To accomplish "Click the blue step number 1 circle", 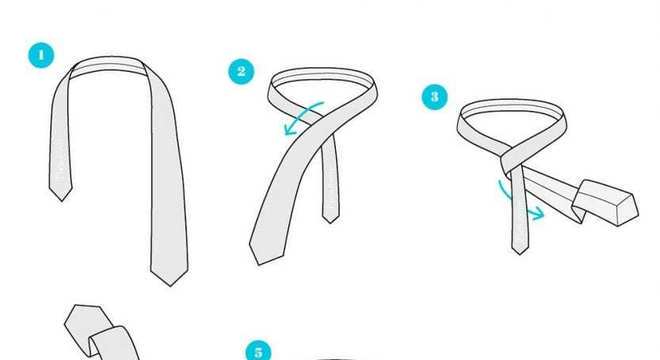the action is (41, 55).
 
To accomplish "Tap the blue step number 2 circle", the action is (241, 71).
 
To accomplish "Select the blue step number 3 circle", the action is (435, 97).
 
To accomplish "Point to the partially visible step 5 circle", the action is (258, 351).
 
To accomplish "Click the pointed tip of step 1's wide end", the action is (170, 286).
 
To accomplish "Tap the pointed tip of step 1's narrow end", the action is (61, 201).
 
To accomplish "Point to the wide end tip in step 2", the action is (258, 264).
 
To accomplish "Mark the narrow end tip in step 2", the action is (331, 222).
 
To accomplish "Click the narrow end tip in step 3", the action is (520, 254).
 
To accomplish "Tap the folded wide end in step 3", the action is (605, 202).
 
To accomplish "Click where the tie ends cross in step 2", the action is (325, 126).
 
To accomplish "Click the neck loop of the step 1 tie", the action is (109, 63).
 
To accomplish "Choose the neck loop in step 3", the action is (511, 106).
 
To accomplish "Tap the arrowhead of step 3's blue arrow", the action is (538, 214).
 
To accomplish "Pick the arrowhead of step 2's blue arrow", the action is (290, 129).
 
